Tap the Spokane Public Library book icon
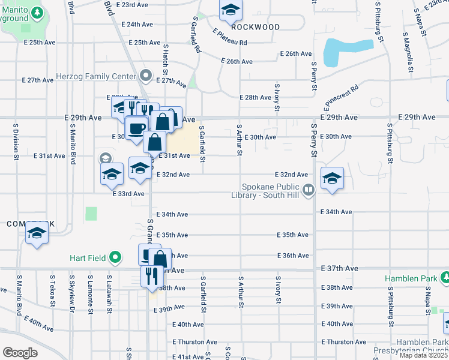click(309, 191)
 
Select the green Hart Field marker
click(116, 259)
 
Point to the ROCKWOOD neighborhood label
click(255, 27)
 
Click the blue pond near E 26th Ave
click(345, 52)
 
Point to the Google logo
click(20, 352)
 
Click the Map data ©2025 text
click(423, 355)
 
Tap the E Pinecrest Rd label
click(340, 97)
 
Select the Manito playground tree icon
click(37, 13)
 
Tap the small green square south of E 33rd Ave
click(91, 213)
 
